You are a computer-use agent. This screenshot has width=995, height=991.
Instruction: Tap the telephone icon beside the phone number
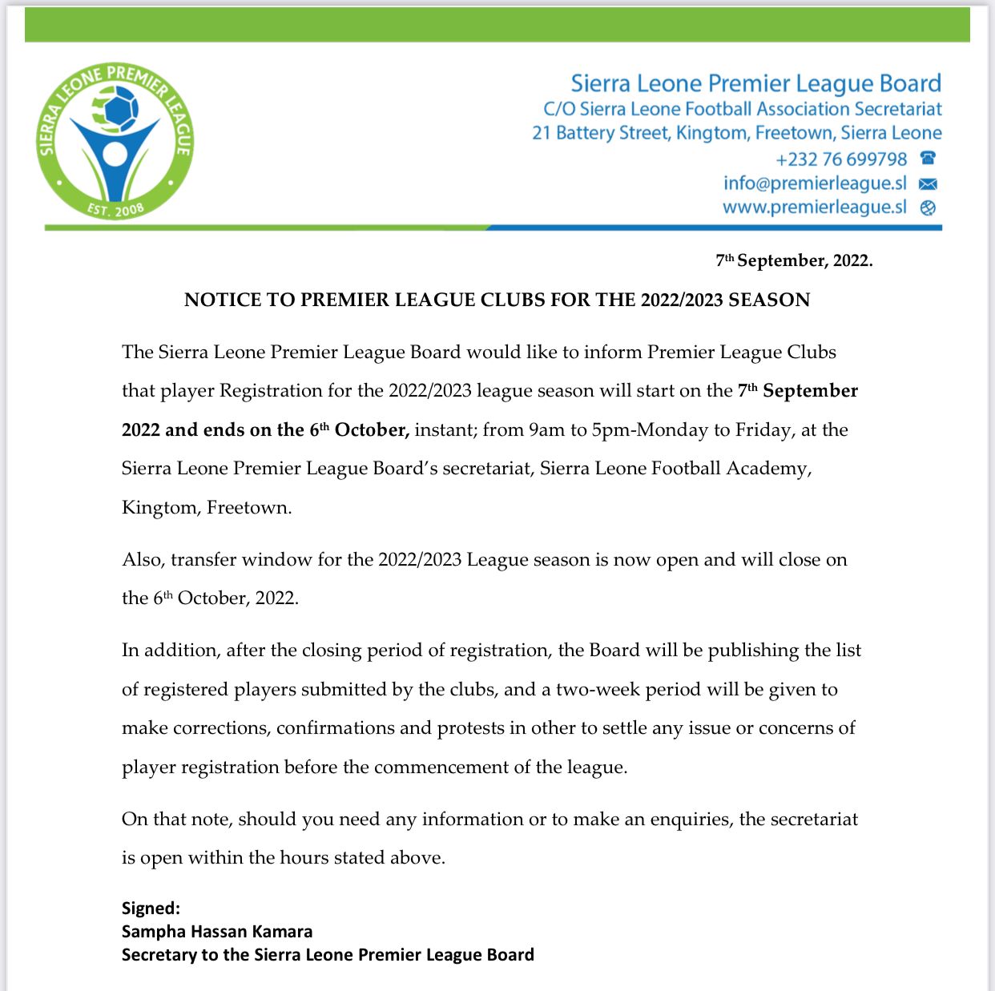pyautogui.click(x=928, y=158)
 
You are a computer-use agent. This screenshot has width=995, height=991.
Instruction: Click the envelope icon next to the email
pyautogui.click(x=928, y=183)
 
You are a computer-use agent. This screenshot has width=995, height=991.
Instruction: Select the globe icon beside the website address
pyautogui.click(x=928, y=207)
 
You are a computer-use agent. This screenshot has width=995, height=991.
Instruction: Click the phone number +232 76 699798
pyautogui.click(x=841, y=159)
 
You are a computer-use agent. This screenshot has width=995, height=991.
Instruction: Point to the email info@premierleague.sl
pyautogui.click(x=815, y=183)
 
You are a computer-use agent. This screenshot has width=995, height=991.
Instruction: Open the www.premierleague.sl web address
pyautogui.click(x=814, y=207)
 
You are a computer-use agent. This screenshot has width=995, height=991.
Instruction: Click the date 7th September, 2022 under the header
pyautogui.click(x=794, y=260)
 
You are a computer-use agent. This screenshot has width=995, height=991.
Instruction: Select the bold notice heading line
pyautogui.click(x=497, y=300)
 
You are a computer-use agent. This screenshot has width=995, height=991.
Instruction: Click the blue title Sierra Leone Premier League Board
pyautogui.click(x=755, y=83)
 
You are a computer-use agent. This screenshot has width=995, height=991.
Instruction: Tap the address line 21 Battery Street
pyautogui.click(x=736, y=133)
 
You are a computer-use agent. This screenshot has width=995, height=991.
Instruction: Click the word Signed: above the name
pyautogui.click(x=151, y=908)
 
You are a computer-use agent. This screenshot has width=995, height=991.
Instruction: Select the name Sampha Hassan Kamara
pyautogui.click(x=217, y=932)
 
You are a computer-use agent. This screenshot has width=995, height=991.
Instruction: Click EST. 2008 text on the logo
pyautogui.click(x=116, y=210)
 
